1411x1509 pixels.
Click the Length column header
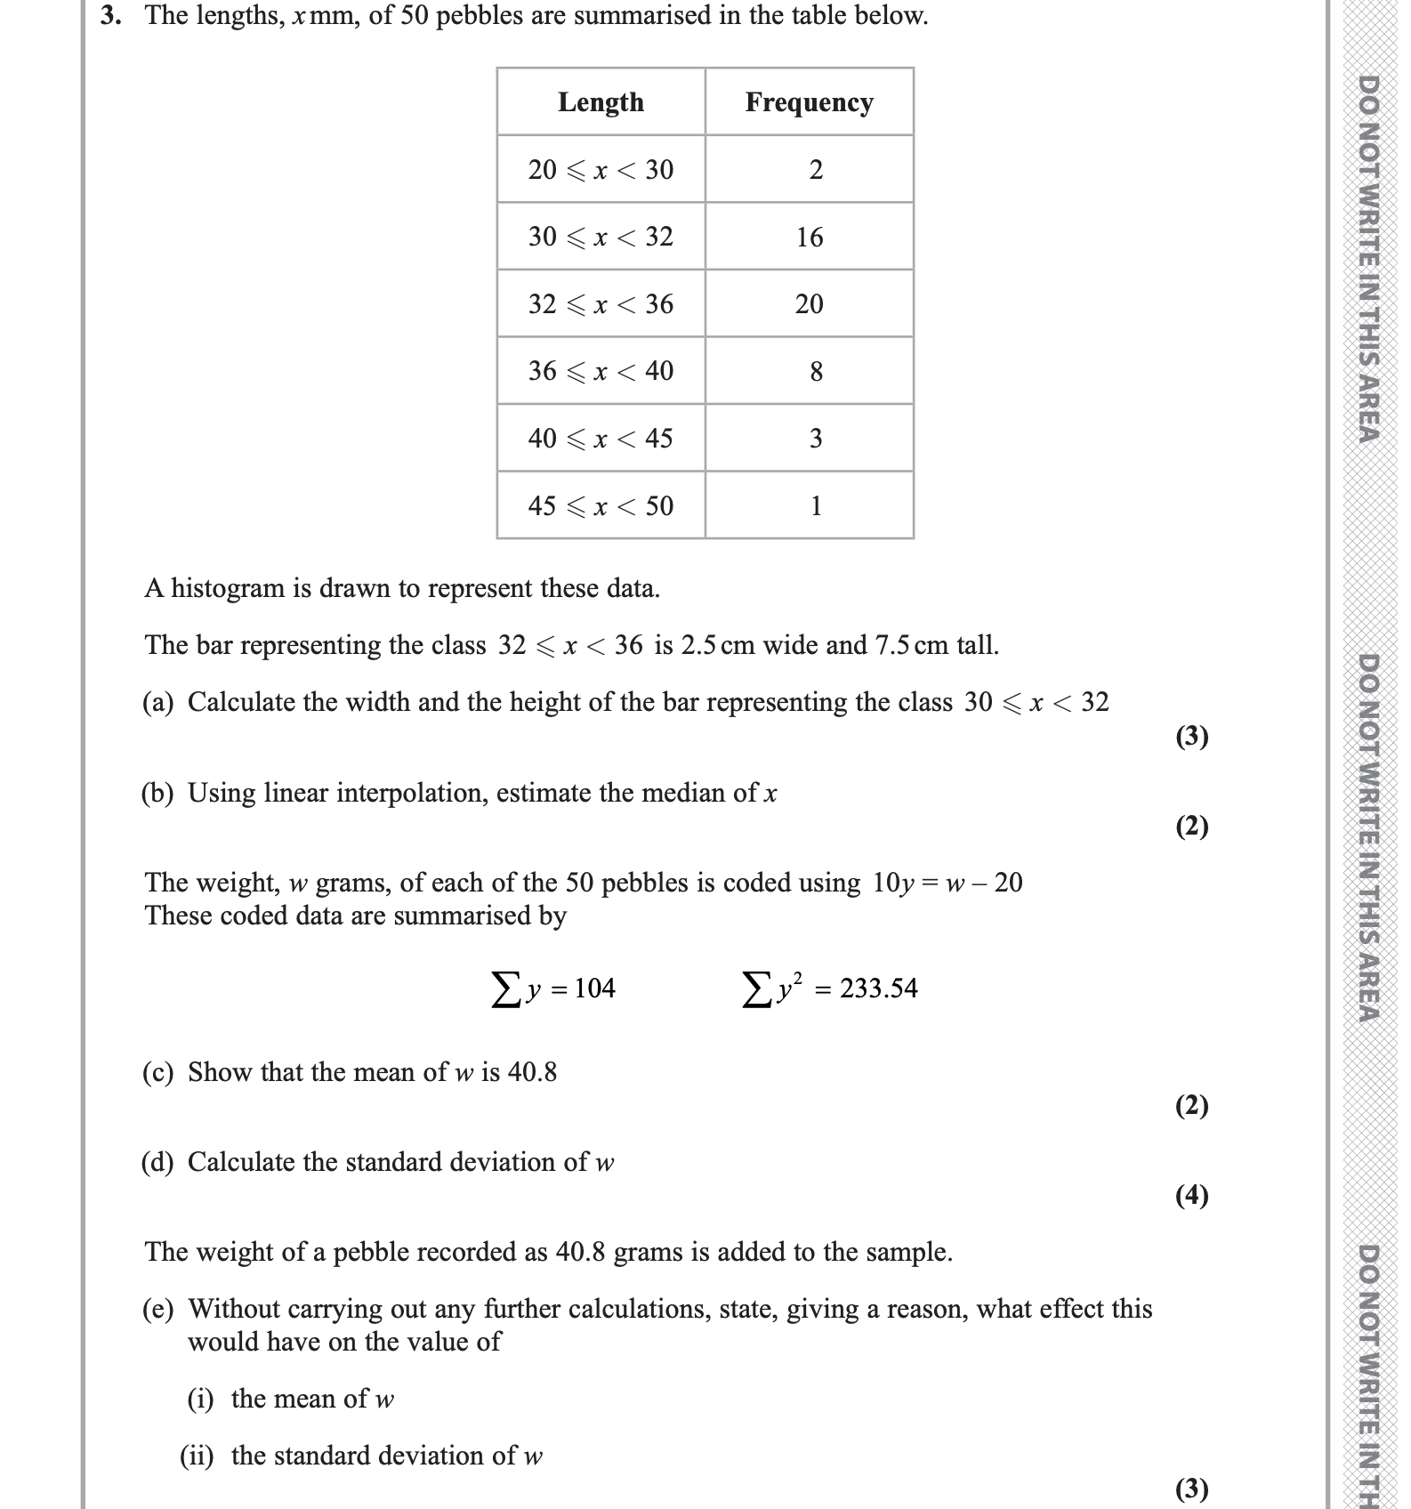(601, 102)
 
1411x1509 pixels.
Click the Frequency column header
(809, 102)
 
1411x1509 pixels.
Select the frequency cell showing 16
(810, 238)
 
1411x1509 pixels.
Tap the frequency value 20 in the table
(810, 304)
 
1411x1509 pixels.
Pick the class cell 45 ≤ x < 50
(601, 506)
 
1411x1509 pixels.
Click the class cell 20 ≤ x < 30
(601, 169)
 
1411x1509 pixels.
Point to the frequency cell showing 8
(816, 372)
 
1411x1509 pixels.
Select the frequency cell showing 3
(816, 439)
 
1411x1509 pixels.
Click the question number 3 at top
(109, 15)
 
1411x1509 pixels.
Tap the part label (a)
(158, 703)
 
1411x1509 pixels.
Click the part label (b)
(158, 794)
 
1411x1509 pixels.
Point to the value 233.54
(879, 989)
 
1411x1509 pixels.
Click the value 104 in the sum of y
(595, 989)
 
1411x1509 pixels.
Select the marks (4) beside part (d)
(1192, 1195)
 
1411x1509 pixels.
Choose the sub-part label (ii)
(198, 1457)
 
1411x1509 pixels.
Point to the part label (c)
(158, 1073)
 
